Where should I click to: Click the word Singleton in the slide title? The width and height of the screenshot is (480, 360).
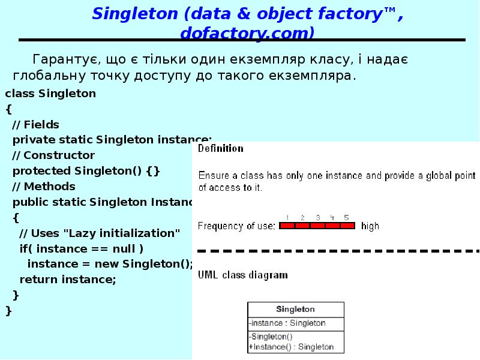130,13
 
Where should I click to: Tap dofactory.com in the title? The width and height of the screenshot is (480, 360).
247,33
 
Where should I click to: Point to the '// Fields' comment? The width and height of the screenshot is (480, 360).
36,125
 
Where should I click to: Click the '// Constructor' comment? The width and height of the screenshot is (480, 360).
53,155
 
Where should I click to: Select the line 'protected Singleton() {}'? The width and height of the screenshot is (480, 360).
86,171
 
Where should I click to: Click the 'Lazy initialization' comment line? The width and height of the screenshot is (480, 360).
100,233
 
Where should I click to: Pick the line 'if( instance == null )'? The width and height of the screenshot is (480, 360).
82,248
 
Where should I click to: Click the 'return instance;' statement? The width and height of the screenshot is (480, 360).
68,280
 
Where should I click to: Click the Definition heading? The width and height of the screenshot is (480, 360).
221,148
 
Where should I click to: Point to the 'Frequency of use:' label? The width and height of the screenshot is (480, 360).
236,226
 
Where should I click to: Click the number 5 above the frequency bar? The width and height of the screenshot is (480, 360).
346,217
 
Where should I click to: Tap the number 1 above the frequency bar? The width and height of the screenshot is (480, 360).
288,217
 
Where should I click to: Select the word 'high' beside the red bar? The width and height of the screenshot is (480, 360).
370,226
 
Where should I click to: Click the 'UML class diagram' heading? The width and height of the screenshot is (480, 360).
243,275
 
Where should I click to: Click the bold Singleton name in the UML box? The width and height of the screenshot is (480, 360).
295,310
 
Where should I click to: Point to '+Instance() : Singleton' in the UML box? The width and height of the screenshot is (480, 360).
291,347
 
